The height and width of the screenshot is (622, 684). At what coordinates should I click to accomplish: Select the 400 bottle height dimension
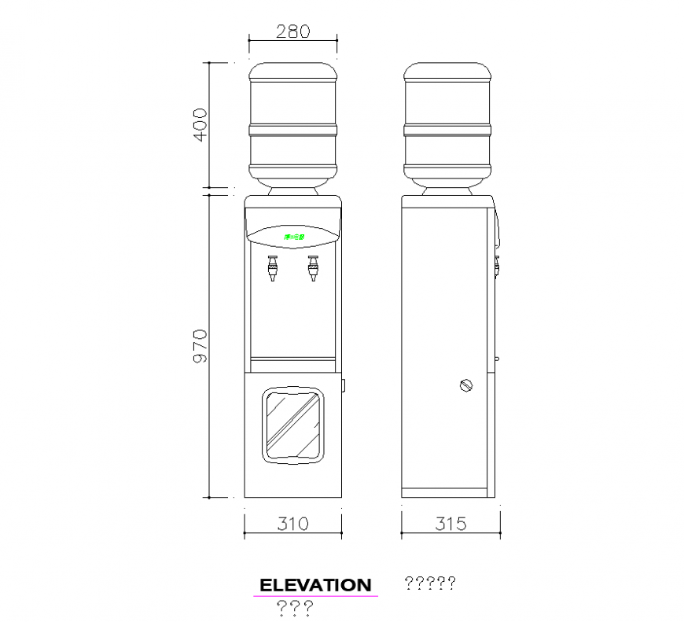(200, 124)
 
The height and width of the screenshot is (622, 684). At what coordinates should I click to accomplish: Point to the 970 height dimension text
(200, 346)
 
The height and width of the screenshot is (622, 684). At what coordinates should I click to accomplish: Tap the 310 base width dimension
(292, 523)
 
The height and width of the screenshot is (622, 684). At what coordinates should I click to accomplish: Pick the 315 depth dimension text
(450, 523)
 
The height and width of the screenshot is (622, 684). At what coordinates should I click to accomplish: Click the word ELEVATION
(315, 585)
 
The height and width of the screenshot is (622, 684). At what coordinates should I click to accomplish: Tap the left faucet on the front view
(272, 268)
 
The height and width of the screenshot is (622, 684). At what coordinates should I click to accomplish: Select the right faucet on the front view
(313, 268)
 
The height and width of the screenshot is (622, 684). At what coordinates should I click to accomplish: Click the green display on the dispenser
(297, 236)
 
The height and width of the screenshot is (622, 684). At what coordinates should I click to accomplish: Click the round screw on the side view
(466, 385)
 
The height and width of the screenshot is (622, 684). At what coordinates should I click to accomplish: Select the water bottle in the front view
(293, 122)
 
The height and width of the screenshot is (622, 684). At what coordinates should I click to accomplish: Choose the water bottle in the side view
(447, 122)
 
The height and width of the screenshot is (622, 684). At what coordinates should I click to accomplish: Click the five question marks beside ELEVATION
(429, 583)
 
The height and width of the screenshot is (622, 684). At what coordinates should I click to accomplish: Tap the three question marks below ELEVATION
(296, 607)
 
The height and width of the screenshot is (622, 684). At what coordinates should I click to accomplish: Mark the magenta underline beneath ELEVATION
(315, 596)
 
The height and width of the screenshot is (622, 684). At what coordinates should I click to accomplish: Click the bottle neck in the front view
(293, 190)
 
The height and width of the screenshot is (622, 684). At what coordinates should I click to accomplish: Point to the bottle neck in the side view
(447, 190)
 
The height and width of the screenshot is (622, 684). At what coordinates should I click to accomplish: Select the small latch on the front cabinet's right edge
(344, 385)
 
